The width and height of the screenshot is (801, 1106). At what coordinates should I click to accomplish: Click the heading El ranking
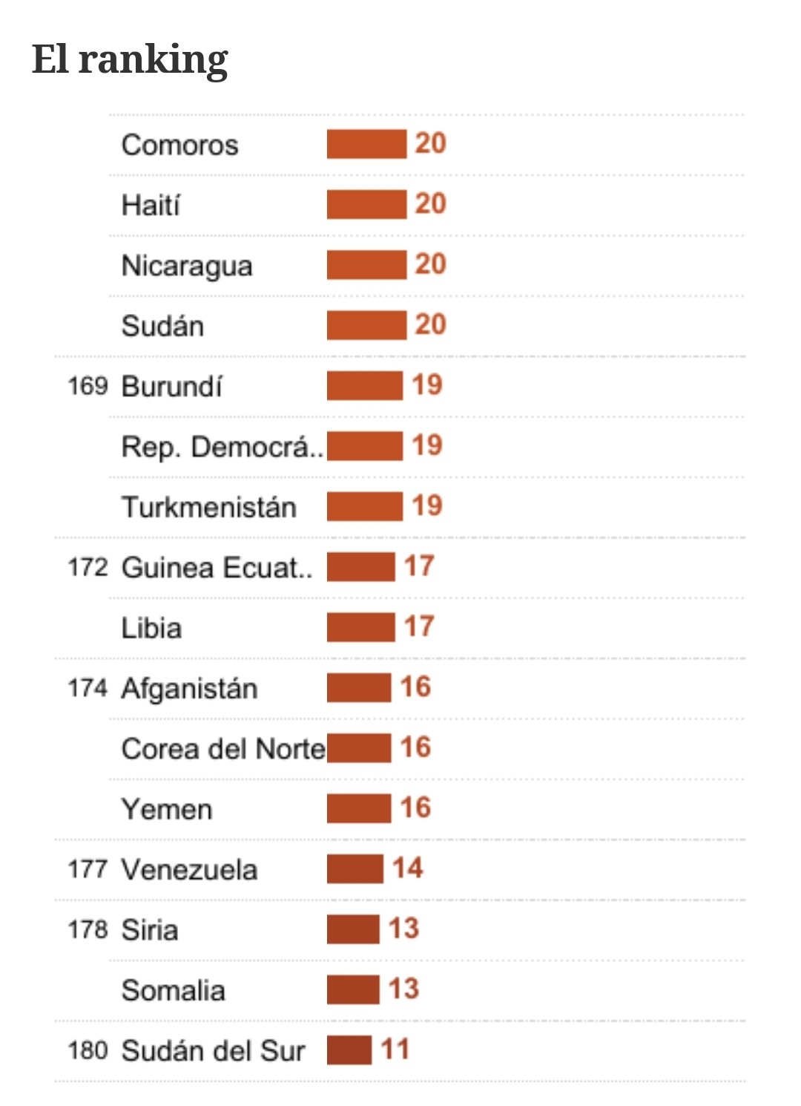pos(130,59)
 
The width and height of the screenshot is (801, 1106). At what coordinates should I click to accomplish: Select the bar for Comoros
pos(366,144)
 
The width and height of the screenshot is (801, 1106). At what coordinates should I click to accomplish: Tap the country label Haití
pos(151,205)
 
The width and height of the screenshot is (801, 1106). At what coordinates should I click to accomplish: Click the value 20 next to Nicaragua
pos(430,264)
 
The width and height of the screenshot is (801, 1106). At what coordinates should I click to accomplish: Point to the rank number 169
pos(88,386)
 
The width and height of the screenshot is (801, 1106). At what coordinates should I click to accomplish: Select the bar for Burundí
pos(364,386)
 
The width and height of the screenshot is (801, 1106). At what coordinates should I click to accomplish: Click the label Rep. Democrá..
pos(222,447)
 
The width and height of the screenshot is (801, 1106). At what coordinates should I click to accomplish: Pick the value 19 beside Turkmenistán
pos(427,506)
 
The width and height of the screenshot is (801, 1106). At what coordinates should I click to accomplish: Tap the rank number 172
pos(88,568)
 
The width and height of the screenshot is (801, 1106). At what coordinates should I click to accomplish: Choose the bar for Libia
pos(360,627)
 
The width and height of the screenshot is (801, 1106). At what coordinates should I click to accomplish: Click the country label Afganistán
pos(190,688)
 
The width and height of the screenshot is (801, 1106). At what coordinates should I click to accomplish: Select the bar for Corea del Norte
pos(359,748)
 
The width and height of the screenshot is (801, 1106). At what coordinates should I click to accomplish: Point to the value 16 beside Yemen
pos(415,808)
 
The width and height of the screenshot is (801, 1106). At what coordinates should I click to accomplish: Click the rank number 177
pos(88,869)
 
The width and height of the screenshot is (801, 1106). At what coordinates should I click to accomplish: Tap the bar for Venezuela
pos(355,869)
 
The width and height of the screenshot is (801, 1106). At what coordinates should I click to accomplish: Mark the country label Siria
pos(150,930)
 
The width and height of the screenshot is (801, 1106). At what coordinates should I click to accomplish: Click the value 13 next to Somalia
pos(403,989)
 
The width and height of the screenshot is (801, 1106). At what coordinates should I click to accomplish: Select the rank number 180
pos(88,1050)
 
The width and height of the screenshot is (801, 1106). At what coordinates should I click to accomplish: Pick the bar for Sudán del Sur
pos(349,1050)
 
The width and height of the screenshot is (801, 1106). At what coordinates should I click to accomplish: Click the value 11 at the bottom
pos(395,1050)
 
